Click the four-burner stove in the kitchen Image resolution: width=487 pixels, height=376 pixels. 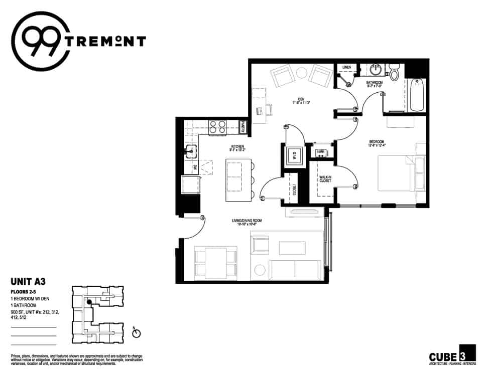coord(217,126)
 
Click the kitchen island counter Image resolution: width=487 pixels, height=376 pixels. coord(237,180)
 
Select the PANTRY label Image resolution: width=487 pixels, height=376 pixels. coord(243,127)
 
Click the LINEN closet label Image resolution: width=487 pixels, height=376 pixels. coord(346,67)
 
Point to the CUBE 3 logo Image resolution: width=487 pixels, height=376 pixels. coord(452,354)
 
